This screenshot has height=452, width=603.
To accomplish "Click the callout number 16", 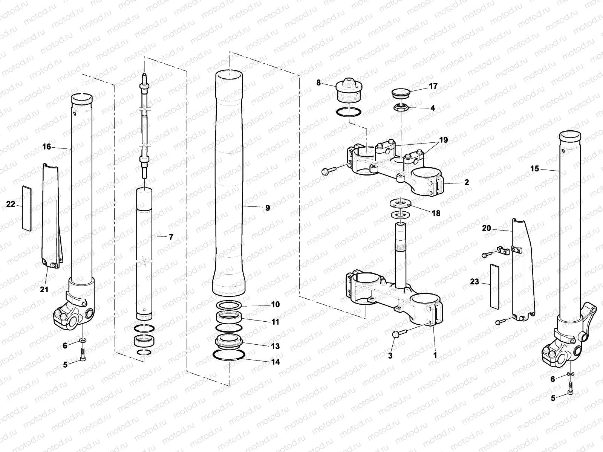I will coord(46,147).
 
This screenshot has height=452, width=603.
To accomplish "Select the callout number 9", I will coord(267,208).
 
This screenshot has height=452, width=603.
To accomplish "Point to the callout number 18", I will coord(436,214).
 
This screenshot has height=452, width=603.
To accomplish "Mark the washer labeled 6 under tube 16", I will coord(83,341).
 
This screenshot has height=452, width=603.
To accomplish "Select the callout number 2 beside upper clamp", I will coord(467,183).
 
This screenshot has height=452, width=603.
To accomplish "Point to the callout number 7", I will coord(171,237).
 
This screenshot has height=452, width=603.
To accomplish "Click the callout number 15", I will coord(535,169).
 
